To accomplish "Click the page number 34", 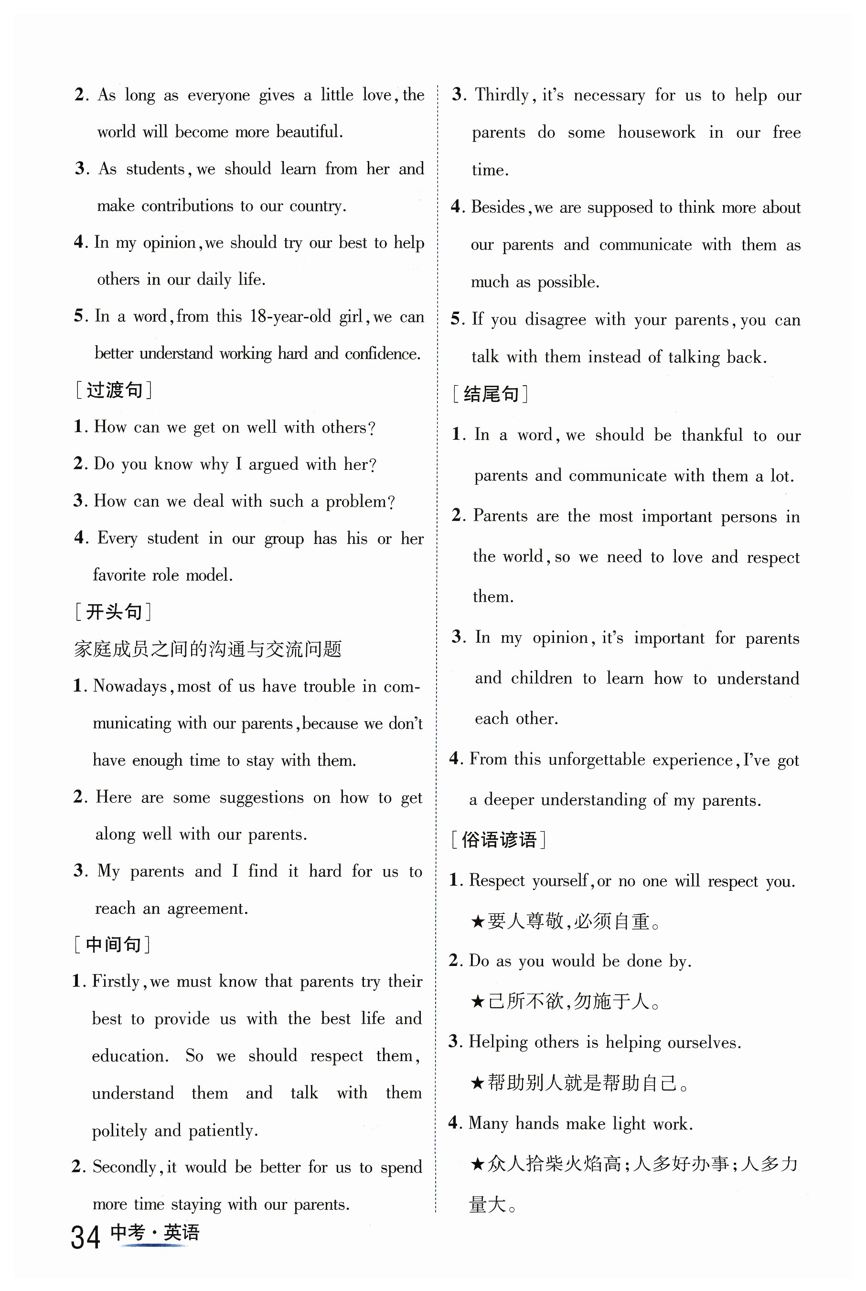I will pos(86,1237).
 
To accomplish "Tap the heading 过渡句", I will pos(114,390).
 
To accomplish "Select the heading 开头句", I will pos(114,612).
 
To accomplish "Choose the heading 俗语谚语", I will pos(499,840).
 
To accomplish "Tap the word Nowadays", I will pos(130,686).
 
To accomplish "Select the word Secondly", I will pos(124,1167).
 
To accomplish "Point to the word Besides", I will pos(498,207).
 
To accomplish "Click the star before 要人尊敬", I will pos(478,921).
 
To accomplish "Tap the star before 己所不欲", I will pos(478,1001).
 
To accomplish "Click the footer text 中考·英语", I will pos(155,1232).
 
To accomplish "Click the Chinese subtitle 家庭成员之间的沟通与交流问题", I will pos(208,649).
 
